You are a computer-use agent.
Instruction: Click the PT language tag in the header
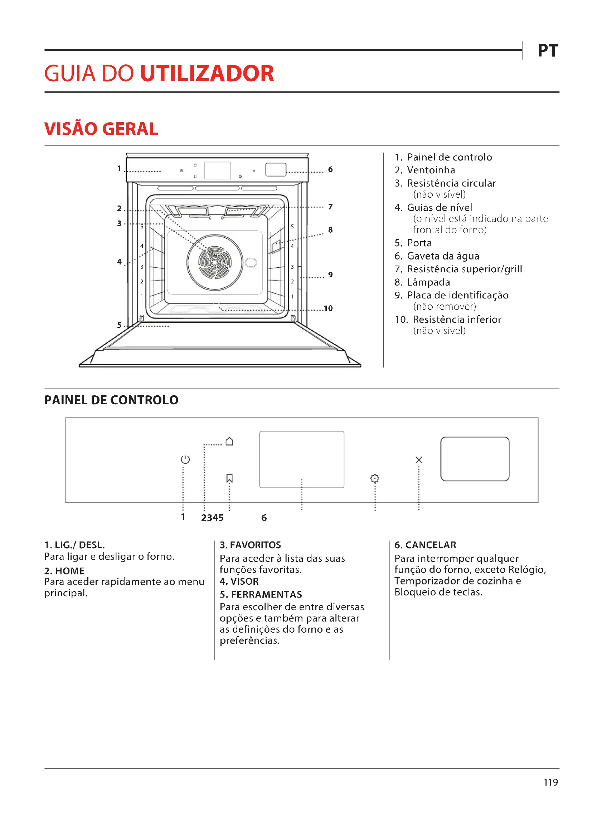(548, 51)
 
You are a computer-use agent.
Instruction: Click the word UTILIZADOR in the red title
(207, 73)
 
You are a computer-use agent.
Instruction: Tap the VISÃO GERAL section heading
(101, 129)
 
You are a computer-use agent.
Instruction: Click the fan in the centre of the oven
(215, 262)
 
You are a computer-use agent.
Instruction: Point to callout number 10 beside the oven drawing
(328, 308)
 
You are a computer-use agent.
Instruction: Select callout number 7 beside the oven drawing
(330, 207)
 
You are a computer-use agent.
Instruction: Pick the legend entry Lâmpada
(428, 282)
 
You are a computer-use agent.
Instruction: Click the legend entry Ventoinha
(431, 170)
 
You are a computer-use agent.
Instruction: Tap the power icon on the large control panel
(185, 460)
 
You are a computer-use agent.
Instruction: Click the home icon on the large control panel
(229, 441)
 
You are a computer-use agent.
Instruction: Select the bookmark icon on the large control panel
(229, 478)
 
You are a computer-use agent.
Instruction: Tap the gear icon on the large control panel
(375, 478)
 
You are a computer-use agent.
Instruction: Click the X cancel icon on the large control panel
(419, 460)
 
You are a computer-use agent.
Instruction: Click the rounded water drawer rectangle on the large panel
(475, 459)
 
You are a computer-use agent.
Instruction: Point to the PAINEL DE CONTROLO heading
(111, 400)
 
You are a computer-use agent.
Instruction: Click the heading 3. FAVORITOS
(250, 545)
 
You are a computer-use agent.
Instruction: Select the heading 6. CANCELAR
(425, 545)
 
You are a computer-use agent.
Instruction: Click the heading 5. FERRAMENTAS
(261, 594)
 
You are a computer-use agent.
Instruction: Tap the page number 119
(550, 782)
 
